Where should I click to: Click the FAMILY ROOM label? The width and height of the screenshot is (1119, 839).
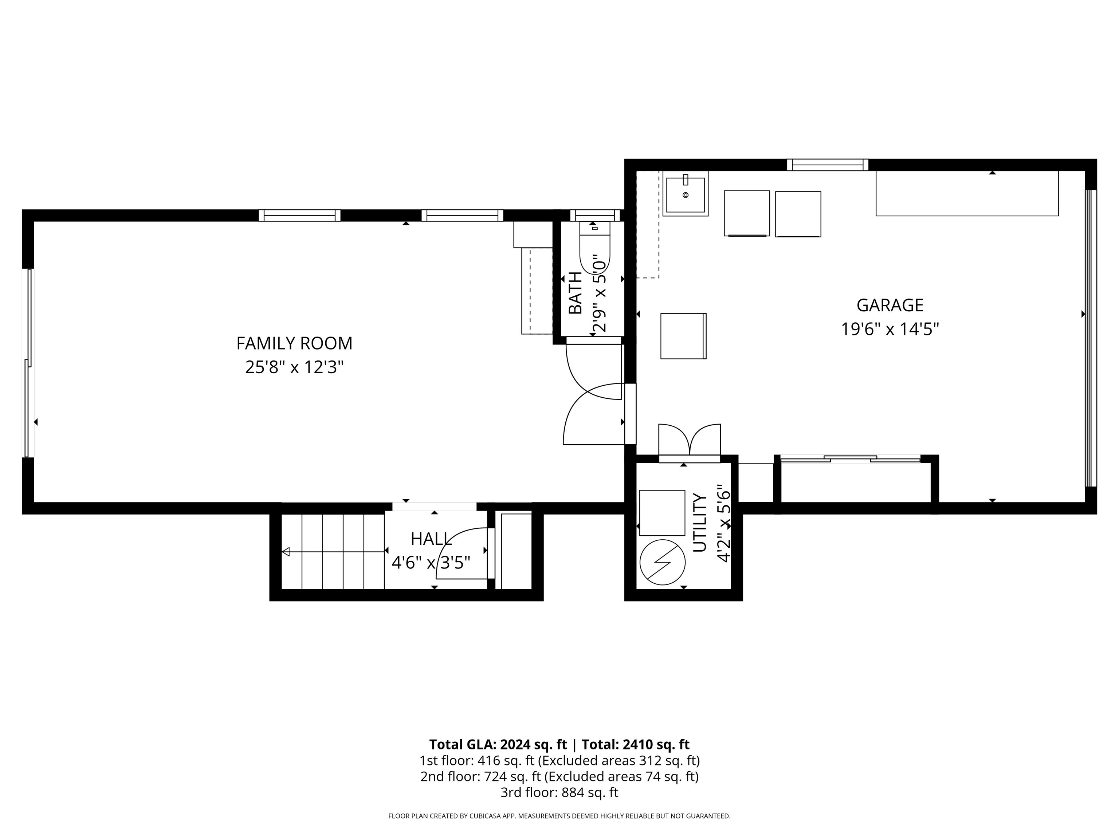pyautogui.click(x=294, y=343)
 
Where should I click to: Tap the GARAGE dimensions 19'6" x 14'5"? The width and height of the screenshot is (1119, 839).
pyautogui.click(x=890, y=329)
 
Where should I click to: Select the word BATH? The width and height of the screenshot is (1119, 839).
pyautogui.click(x=576, y=293)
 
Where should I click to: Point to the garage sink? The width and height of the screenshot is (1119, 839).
pyautogui.click(x=686, y=194)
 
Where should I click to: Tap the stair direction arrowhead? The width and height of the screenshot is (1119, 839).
pyautogui.click(x=286, y=552)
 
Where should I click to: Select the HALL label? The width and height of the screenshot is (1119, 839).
pyautogui.click(x=431, y=539)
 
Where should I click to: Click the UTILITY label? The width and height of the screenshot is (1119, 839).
pyautogui.click(x=699, y=523)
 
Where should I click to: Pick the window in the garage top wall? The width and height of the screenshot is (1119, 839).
pyautogui.click(x=828, y=165)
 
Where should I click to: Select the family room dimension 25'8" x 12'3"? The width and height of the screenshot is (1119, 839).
pyautogui.click(x=294, y=367)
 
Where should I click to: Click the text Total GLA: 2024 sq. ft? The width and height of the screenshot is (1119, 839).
pyautogui.click(x=498, y=744)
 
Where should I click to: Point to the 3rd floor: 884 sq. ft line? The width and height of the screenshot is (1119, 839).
pyautogui.click(x=559, y=792)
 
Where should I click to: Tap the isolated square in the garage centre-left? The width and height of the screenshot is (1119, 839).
pyautogui.click(x=683, y=336)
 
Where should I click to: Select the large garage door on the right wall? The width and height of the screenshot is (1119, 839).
pyautogui.click(x=1091, y=338)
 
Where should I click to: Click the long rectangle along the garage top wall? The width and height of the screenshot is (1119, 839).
pyautogui.click(x=967, y=193)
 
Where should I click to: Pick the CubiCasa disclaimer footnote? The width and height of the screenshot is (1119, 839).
pyautogui.click(x=559, y=816)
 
